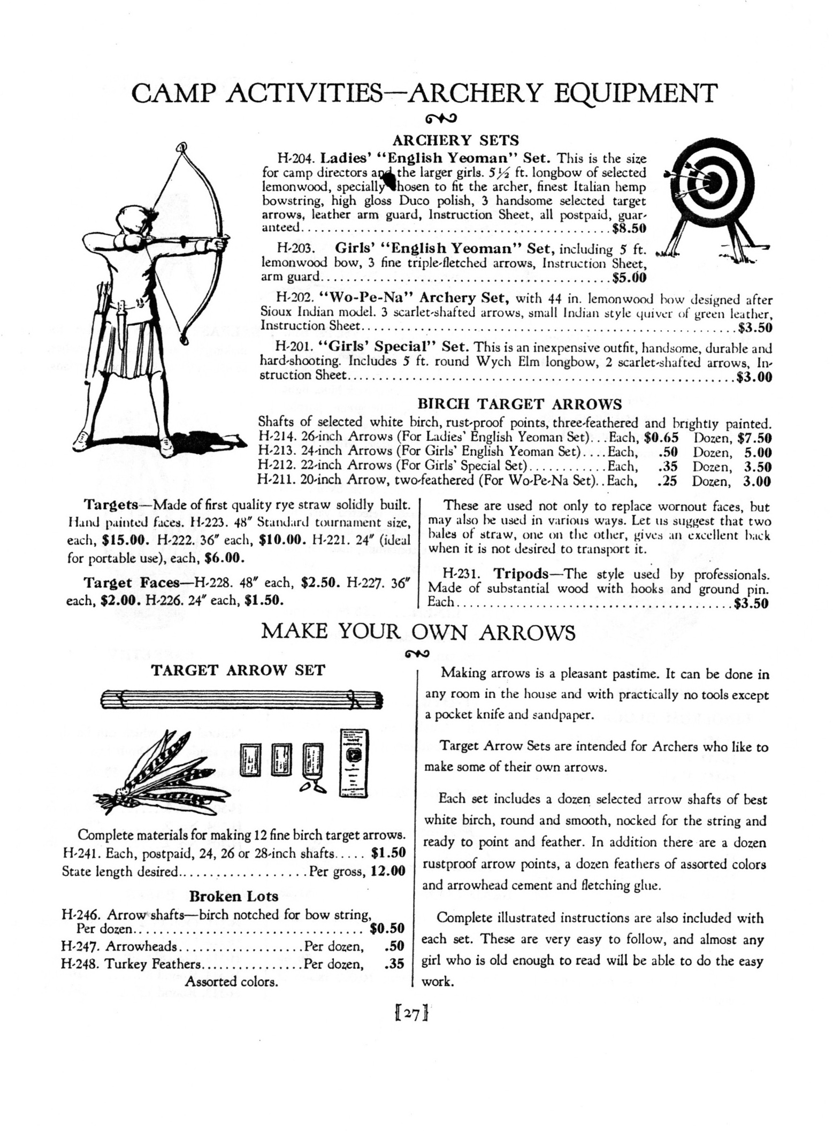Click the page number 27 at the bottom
pos(411,1014)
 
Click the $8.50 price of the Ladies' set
pos(629,228)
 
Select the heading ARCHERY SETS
pos(456,140)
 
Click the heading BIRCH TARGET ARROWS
pos(519,403)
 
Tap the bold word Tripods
pos(521,574)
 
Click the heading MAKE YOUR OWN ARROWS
pos(418,632)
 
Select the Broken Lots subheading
pos(234,896)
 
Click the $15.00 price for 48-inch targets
pos(125,540)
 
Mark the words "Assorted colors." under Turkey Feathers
pos(231,982)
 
